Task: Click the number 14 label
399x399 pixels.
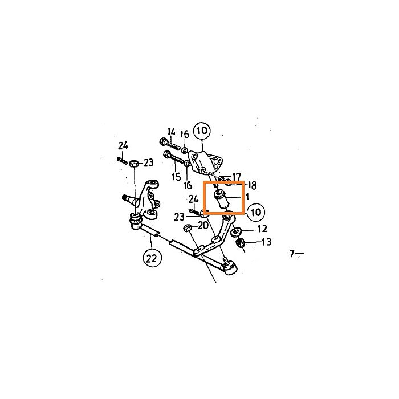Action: click(x=172, y=132)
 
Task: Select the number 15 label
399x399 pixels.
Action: click(x=176, y=177)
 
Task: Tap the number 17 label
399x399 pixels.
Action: click(x=237, y=176)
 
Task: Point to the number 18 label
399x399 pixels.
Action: click(x=252, y=185)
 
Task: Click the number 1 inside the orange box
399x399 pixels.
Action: click(x=247, y=197)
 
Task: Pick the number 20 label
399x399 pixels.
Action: click(x=203, y=225)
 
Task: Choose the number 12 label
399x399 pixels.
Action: click(x=262, y=229)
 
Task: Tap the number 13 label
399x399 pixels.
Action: click(x=266, y=242)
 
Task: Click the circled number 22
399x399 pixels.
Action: click(x=152, y=258)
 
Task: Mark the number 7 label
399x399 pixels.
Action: click(x=292, y=254)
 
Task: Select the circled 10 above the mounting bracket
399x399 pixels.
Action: click(x=202, y=131)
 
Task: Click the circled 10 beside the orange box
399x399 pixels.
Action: click(x=256, y=212)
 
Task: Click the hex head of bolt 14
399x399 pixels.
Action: click(x=163, y=141)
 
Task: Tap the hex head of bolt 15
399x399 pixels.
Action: click(x=168, y=154)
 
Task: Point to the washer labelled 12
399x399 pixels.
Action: click(x=236, y=232)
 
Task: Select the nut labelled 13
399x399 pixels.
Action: click(x=240, y=243)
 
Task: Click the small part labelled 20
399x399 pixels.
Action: click(x=187, y=228)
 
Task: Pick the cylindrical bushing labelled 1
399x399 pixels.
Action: click(x=222, y=200)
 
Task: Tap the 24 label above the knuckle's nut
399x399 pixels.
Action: click(x=123, y=146)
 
